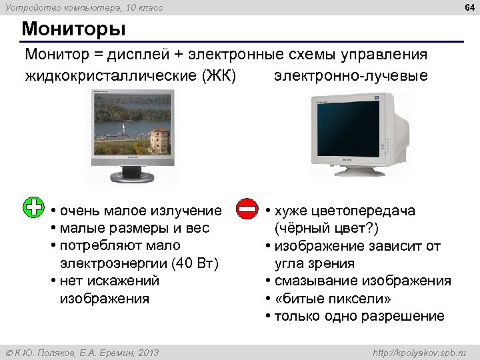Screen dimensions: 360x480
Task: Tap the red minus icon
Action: [247, 208]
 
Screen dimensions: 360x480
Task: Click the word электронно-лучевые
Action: [351, 74]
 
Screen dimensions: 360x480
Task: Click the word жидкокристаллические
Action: [111, 74]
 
